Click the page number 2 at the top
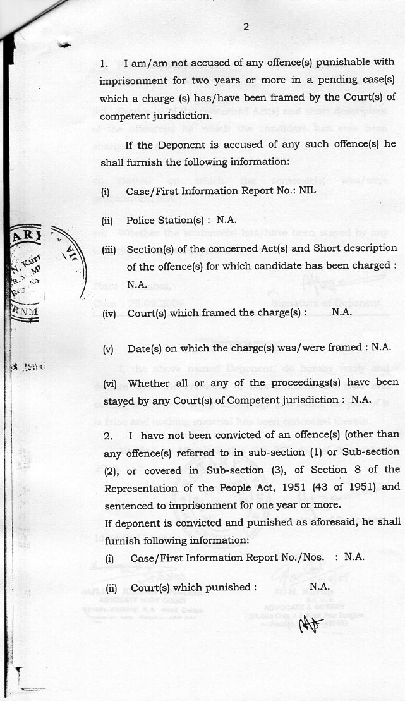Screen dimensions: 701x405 [x=246, y=27]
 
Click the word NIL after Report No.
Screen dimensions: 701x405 [x=307, y=190]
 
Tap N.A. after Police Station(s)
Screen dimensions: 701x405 [x=226, y=221]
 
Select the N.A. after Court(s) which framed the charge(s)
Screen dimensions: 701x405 [x=341, y=312]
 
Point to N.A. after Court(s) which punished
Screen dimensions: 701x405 [x=320, y=587]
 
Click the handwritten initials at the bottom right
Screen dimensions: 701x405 [x=311, y=625]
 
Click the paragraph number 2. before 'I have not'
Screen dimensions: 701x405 [x=108, y=436]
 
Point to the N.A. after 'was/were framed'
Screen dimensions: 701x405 [x=381, y=347]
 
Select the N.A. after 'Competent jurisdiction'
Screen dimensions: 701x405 [x=361, y=399]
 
